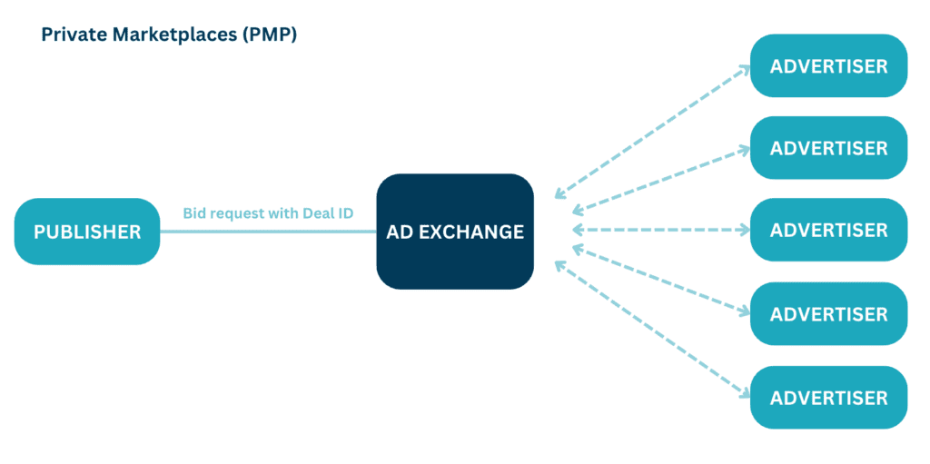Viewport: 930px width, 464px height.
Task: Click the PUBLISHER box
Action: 87,232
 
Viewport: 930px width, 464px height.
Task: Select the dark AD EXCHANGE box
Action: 455,232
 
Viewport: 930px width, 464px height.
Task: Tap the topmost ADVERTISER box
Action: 828,65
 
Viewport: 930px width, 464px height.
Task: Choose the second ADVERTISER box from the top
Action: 828,148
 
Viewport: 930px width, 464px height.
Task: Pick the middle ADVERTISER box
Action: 828,231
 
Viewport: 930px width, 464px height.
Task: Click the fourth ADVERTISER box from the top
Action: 828,314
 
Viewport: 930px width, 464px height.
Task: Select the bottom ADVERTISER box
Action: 828,398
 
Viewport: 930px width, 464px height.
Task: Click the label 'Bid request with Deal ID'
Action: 268,213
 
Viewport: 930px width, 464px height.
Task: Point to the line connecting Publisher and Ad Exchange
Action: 268,232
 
